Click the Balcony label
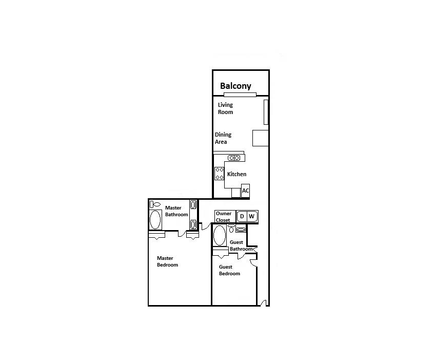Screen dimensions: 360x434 (x=235, y=86)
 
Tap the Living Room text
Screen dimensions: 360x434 (x=225, y=108)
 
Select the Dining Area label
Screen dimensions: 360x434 (x=223, y=138)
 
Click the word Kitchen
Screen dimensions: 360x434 (x=236, y=174)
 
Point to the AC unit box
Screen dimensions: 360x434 (x=246, y=191)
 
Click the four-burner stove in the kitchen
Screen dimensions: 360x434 (x=219, y=173)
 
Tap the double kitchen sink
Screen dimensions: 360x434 (x=234, y=158)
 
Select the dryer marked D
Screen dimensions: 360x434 (x=242, y=216)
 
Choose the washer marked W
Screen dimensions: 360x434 (x=251, y=216)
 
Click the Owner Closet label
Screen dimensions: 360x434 (x=223, y=217)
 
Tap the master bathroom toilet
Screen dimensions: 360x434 (x=155, y=204)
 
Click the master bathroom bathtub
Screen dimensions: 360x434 (x=155, y=219)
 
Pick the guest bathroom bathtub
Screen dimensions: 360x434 (x=220, y=236)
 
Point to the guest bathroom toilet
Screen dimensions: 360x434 (x=231, y=229)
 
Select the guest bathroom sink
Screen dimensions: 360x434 (x=241, y=230)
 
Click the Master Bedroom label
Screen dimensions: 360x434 (x=167, y=261)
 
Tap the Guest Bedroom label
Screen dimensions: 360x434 (x=229, y=270)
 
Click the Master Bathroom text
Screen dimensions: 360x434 (x=176, y=211)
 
